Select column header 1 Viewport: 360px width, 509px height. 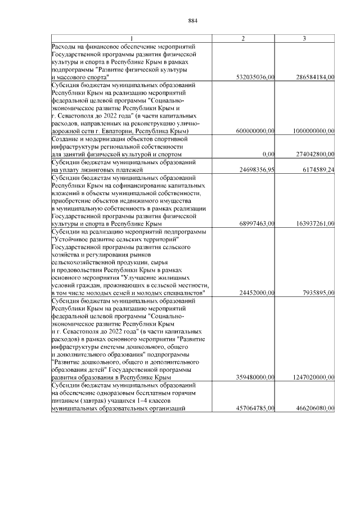click(x=131, y=38)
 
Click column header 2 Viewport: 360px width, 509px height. click(x=242, y=38)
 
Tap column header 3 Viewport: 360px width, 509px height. click(x=304, y=38)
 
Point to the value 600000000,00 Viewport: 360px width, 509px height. click(x=255, y=130)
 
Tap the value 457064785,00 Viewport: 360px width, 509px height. click(x=255, y=409)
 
